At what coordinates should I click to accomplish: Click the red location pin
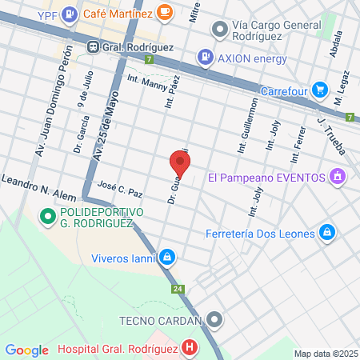pyautogui.click(x=180, y=164)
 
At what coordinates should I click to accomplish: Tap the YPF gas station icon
pyautogui.click(x=70, y=13)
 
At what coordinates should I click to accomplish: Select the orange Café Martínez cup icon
pyautogui.click(x=165, y=11)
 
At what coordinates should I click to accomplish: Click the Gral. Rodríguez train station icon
pyautogui.click(x=94, y=46)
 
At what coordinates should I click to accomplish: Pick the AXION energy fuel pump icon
pyautogui.click(x=206, y=57)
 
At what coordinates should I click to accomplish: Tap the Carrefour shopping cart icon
pyautogui.click(x=320, y=90)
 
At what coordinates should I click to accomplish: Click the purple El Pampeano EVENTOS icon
pyautogui.click(x=338, y=177)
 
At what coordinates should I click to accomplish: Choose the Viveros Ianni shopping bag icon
pyautogui.click(x=167, y=258)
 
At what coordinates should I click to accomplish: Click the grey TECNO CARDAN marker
pyautogui.click(x=214, y=320)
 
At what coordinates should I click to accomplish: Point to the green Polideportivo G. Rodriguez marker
pyautogui.click(x=47, y=216)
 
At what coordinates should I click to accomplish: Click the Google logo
pyautogui.click(x=27, y=350)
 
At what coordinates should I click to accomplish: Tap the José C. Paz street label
pyautogui.click(x=119, y=190)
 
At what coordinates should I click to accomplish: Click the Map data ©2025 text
pyautogui.click(x=326, y=354)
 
